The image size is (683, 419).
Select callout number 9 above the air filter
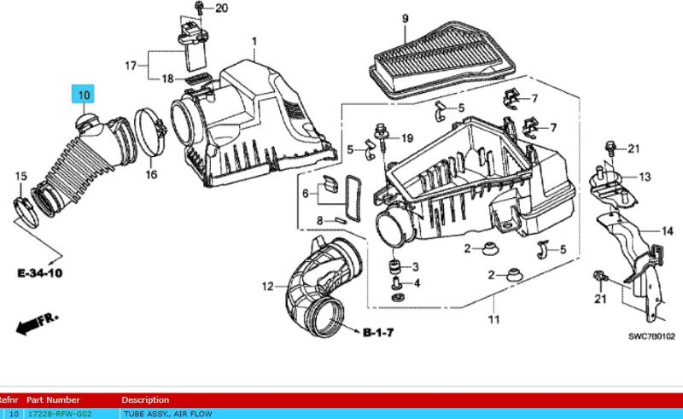(x=405, y=19)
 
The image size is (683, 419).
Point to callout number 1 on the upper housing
(x=254, y=42)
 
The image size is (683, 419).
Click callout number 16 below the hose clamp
(x=151, y=175)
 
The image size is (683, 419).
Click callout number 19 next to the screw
(x=406, y=138)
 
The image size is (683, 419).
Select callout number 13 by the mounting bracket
(x=644, y=177)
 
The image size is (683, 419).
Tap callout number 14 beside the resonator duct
(x=668, y=230)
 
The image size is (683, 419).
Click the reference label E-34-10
(x=39, y=273)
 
